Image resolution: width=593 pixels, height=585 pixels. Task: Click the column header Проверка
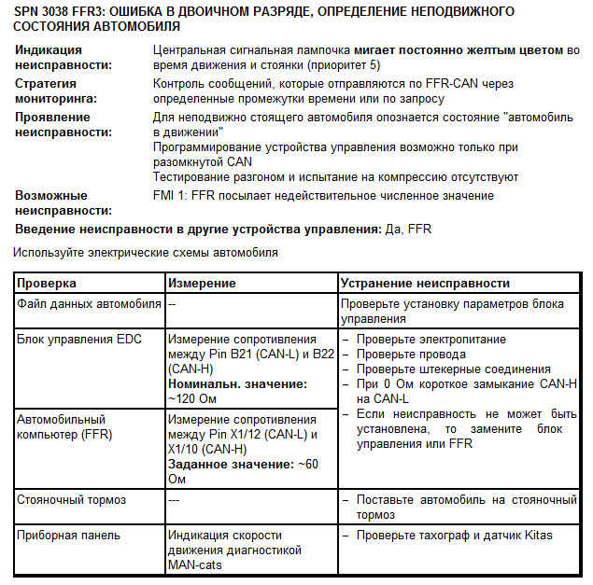(x=47, y=283)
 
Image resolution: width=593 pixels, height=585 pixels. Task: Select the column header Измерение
(x=202, y=283)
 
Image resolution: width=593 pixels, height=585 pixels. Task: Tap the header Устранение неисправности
(x=425, y=283)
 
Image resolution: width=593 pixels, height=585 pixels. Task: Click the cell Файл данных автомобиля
(x=89, y=304)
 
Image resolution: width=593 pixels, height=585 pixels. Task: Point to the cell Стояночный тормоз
(x=71, y=500)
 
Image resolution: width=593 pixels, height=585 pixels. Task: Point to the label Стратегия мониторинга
(x=54, y=91)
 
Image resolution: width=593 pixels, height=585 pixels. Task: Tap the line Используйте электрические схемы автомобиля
(x=146, y=252)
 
